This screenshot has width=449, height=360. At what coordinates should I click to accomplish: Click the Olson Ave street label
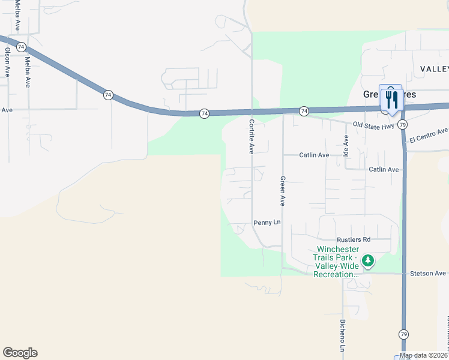(x=7, y=62)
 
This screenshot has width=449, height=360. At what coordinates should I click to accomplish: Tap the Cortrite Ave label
(x=252, y=136)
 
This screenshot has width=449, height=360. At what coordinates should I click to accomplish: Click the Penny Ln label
(x=267, y=223)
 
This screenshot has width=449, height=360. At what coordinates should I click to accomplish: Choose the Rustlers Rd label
(x=354, y=239)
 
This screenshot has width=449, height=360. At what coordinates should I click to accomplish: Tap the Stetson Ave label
(x=428, y=273)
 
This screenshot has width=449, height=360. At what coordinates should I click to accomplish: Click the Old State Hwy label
(x=373, y=125)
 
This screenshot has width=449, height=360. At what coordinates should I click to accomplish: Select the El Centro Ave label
(x=429, y=135)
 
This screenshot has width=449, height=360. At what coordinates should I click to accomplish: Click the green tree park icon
(x=367, y=261)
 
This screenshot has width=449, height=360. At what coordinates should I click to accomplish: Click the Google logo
(x=20, y=353)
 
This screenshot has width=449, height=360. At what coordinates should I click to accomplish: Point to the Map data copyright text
(x=424, y=356)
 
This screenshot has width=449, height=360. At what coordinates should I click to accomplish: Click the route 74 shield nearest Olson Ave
(x=21, y=46)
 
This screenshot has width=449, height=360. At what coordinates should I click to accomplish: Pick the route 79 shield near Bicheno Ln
(x=403, y=334)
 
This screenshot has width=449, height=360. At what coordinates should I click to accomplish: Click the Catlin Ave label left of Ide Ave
(x=314, y=155)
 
